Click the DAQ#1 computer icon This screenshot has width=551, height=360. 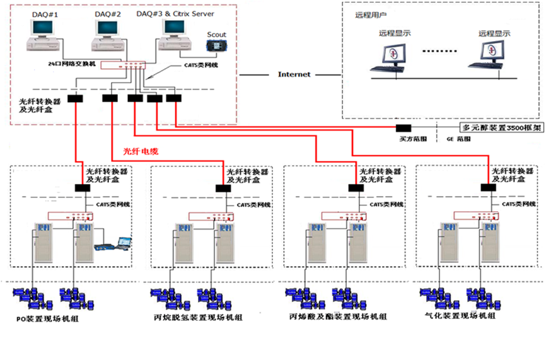point(44,35)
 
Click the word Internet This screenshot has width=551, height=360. point(294,74)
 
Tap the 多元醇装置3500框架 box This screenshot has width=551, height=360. point(502,127)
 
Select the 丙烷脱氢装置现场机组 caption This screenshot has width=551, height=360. point(197,318)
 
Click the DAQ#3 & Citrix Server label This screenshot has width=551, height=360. point(175,13)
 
